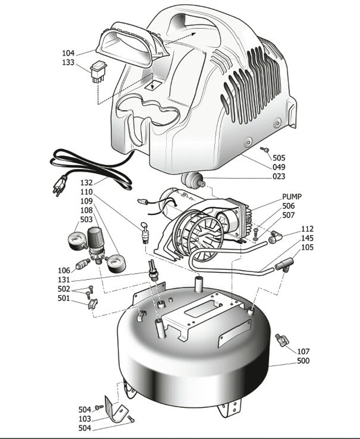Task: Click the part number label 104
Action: click(x=68, y=53)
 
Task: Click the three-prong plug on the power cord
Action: click(x=59, y=186)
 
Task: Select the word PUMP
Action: click(x=292, y=197)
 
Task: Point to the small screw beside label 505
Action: click(x=264, y=150)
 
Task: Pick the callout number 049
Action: click(x=279, y=167)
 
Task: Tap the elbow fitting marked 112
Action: click(x=274, y=237)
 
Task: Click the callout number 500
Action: click(x=303, y=361)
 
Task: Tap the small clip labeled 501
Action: click(x=93, y=304)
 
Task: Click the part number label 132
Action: click(x=86, y=183)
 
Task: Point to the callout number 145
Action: click(x=307, y=238)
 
